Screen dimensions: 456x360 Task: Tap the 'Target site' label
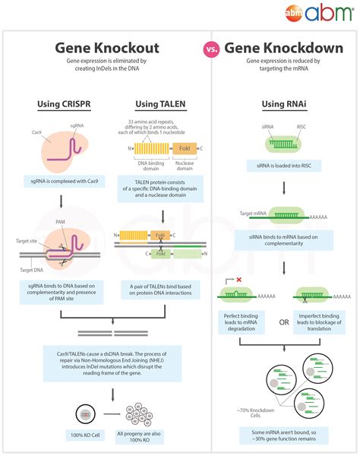click(x=27, y=239)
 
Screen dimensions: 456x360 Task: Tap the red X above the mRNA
click(x=238, y=280)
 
